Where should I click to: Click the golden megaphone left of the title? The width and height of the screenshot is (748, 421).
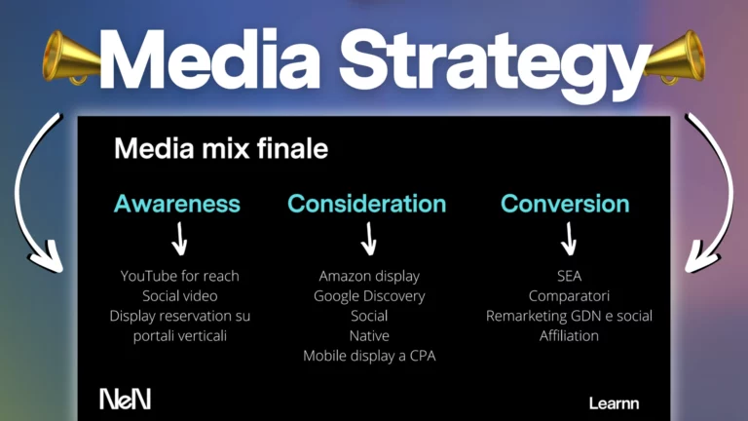[71, 57]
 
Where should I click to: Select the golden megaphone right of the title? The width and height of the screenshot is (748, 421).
[675, 57]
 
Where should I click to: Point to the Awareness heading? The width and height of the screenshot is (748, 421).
[177, 204]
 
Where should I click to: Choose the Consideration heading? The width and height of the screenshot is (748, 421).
[367, 204]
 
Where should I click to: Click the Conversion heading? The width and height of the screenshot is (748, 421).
[565, 204]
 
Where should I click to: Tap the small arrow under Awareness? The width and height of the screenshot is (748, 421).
[180, 239]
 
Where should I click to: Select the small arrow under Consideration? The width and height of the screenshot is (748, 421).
[369, 239]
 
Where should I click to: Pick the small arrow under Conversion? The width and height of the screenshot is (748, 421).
[569, 239]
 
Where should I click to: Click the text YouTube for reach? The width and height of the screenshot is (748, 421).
[180, 276]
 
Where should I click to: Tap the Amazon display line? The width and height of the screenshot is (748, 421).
[369, 277]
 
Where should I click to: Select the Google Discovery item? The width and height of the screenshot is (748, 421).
[369, 296]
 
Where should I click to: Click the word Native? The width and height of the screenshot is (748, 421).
[369, 336]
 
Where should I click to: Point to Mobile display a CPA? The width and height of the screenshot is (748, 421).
[369, 356]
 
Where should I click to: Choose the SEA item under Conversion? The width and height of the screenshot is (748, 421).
[569, 276]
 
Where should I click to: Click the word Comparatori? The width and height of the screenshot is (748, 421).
[569, 296]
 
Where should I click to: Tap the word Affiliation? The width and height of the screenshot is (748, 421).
[569, 336]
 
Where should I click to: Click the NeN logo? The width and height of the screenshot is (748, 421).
[125, 399]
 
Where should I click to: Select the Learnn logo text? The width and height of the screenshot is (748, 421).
[614, 403]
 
